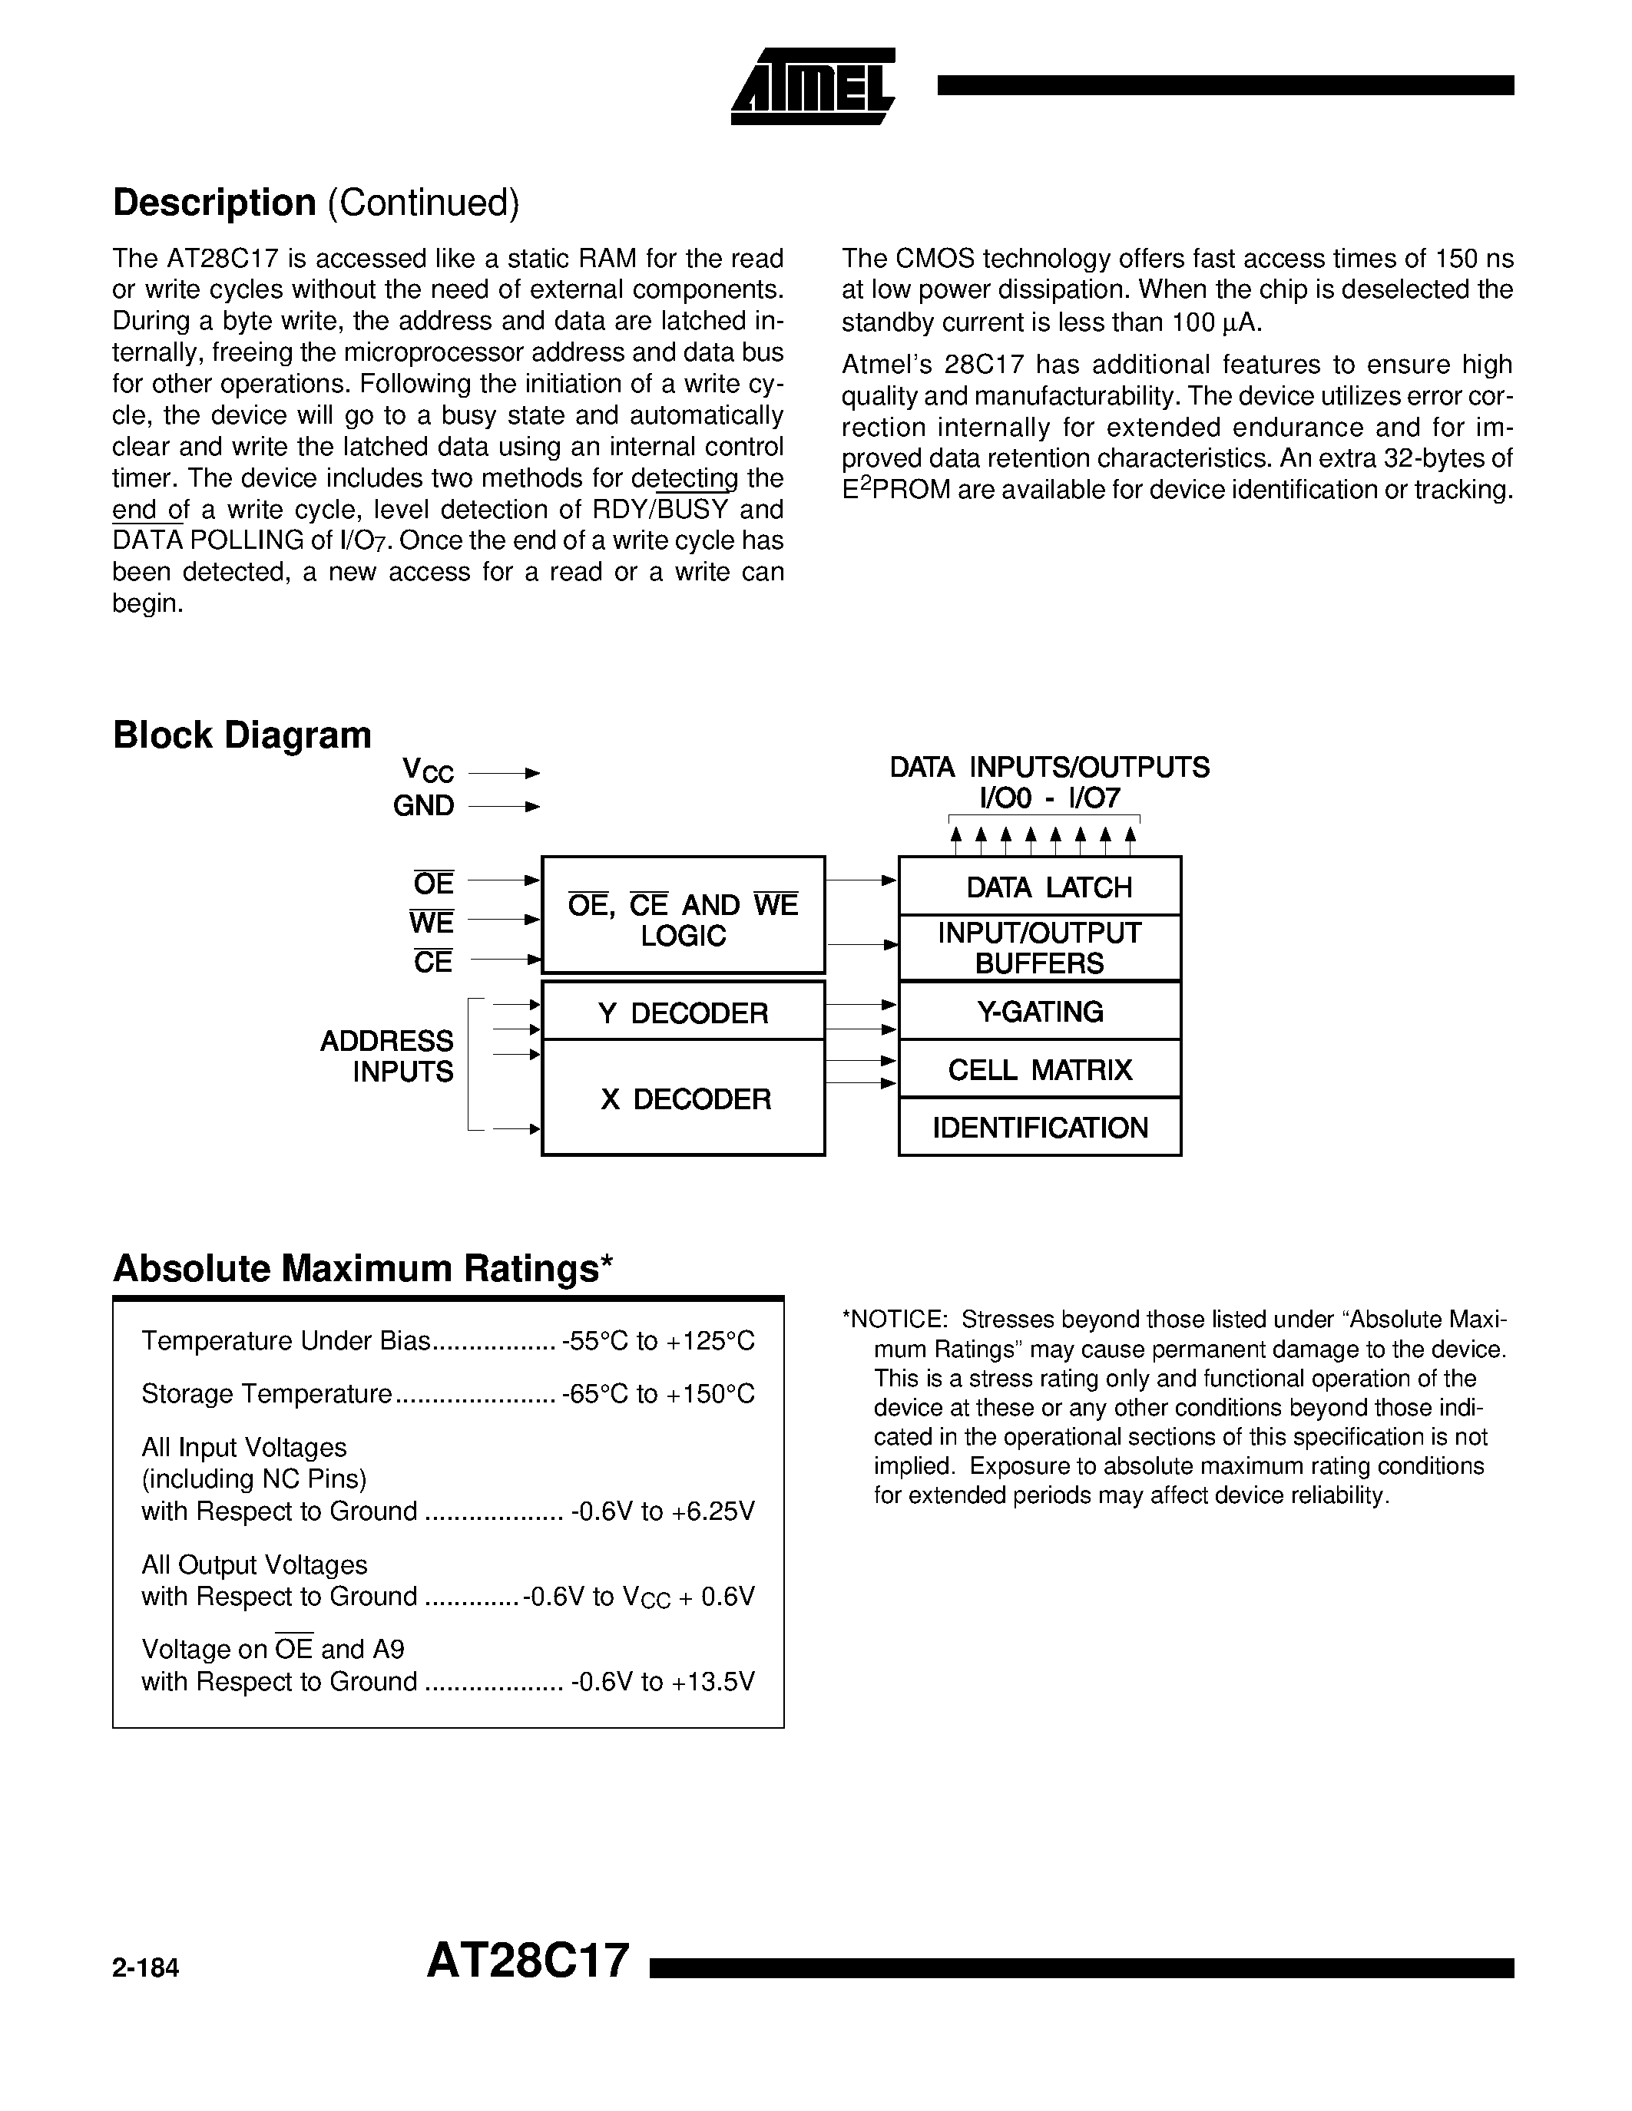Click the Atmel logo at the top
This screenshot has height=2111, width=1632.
[812, 87]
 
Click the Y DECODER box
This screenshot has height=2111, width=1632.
[683, 1012]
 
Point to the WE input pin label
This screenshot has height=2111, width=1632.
[431, 922]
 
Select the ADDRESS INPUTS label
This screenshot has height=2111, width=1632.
[387, 1055]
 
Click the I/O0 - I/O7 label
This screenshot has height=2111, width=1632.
[1049, 798]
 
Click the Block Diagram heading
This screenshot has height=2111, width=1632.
[242, 735]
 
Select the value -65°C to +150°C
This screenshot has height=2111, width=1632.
[657, 1394]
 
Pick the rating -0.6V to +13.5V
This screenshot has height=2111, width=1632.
[662, 1682]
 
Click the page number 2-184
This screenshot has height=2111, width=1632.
[146, 1969]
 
